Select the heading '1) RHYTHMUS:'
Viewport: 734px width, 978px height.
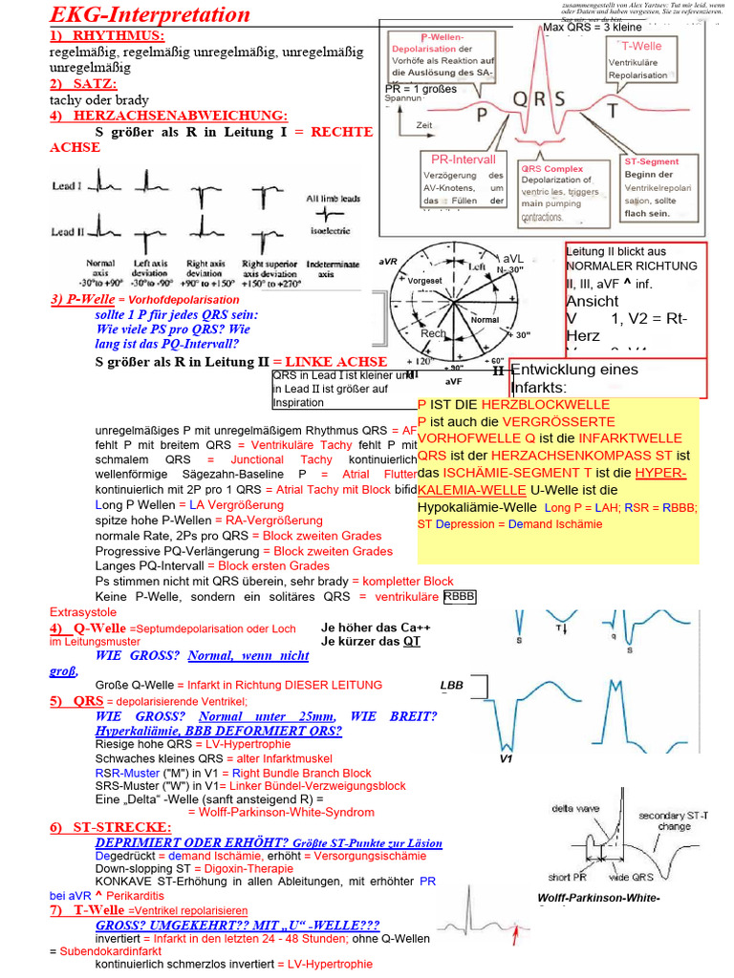point(107,35)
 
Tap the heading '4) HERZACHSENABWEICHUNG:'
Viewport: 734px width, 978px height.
point(167,116)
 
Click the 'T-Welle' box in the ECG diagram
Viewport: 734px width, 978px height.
point(648,46)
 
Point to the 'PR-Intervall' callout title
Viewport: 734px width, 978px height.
point(464,159)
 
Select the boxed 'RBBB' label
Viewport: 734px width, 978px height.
point(460,597)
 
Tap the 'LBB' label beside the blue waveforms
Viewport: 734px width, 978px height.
point(451,685)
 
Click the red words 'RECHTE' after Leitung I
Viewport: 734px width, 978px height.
point(341,132)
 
